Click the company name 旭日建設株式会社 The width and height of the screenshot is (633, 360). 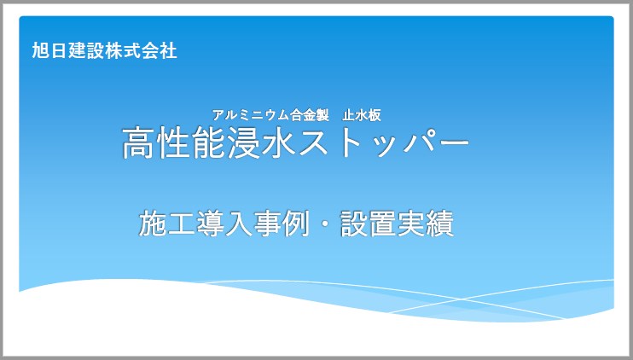tap(104, 51)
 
